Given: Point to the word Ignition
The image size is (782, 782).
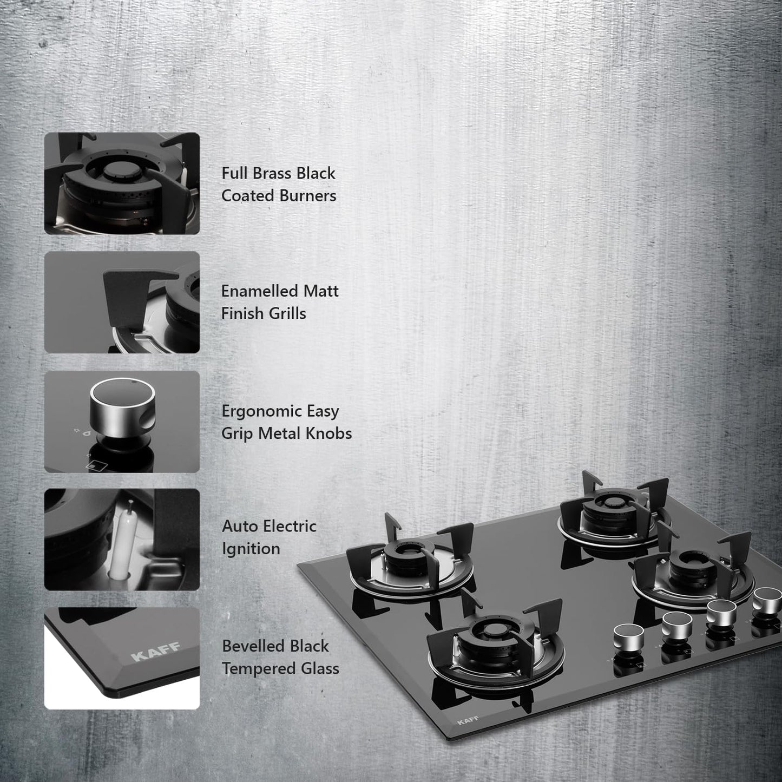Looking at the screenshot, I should (251, 549).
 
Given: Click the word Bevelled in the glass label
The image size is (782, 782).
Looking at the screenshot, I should (253, 646).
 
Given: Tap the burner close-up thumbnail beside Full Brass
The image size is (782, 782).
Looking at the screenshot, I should (122, 183).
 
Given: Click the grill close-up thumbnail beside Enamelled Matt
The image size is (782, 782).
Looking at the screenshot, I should (122, 302).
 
